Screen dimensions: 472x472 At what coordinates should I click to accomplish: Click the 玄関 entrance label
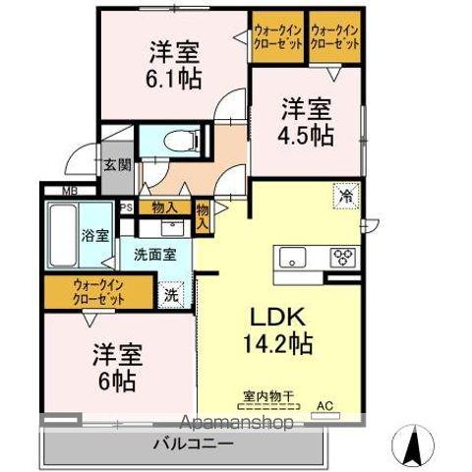coord(117,164)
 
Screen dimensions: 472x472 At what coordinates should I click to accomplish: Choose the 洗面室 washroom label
coord(155,253)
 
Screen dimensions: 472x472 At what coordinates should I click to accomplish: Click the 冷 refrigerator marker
coord(345,196)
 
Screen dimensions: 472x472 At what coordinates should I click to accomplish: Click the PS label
coord(126,207)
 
